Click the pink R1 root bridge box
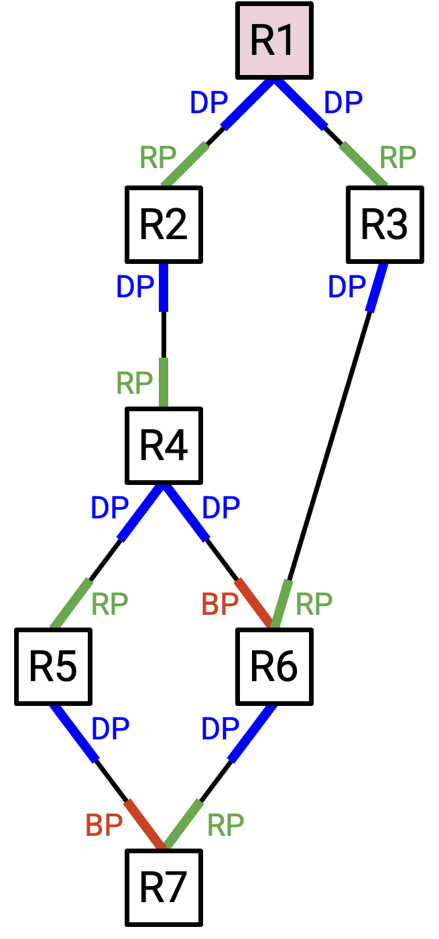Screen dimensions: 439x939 click(x=275, y=40)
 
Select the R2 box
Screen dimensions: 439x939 click(x=164, y=224)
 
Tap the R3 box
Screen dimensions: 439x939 click(x=385, y=224)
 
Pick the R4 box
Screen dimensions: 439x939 click(x=164, y=445)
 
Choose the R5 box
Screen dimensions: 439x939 click(x=53, y=666)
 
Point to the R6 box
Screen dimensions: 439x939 click(x=275, y=666)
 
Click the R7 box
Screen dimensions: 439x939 click(x=164, y=887)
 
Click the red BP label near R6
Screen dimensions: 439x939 click(x=220, y=604)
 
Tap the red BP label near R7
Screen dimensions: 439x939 click(x=104, y=825)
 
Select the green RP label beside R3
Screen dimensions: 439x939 click(x=397, y=157)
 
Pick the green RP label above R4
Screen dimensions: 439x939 click(x=134, y=383)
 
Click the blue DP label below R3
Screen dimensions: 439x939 click(x=347, y=287)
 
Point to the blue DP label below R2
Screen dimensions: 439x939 click(x=135, y=287)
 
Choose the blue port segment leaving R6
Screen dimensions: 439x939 click(x=253, y=733)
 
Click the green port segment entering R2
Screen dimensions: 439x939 click(x=185, y=164)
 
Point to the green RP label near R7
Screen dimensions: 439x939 click(x=226, y=825)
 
